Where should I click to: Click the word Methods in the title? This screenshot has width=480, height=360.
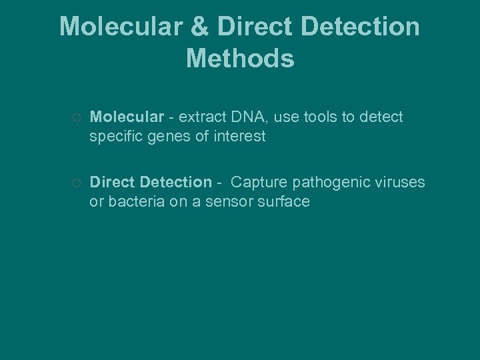click(240, 59)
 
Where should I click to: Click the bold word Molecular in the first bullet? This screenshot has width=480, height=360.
click(127, 117)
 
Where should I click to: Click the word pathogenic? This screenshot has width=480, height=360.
click(331, 183)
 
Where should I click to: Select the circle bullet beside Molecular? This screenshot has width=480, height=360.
click(77, 118)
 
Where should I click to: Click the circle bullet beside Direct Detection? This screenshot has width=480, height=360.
click(77, 183)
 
